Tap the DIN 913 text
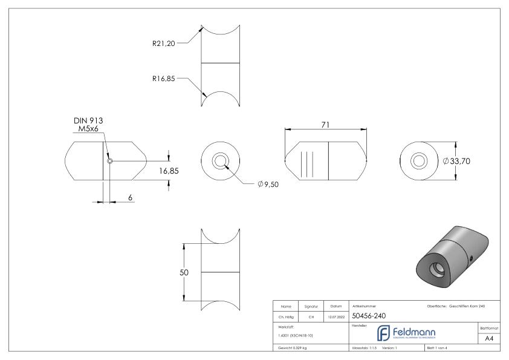point(87,121)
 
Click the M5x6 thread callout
point(87,129)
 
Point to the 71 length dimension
point(325,123)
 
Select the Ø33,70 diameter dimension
point(457,162)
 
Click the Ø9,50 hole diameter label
point(269,184)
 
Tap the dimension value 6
point(129,198)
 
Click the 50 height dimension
point(184,272)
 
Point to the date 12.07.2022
point(335,315)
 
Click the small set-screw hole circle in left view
point(109,162)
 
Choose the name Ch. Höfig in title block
point(286,315)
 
